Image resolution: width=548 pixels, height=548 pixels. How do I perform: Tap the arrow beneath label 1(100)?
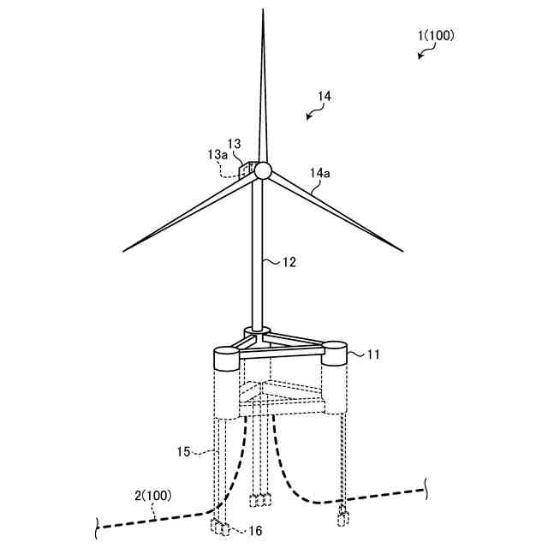pyautogui.click(x=422, y=53)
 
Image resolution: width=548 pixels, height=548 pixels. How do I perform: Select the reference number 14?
pyautogui.click(x=323, y=98)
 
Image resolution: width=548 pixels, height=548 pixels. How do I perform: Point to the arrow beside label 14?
pyautogui.click(x=310, y=116)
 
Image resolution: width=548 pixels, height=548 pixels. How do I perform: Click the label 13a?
pyautogui.click(x=218, y=154)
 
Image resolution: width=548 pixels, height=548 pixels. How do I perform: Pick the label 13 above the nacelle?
pyautogui.click(x=235, y=143)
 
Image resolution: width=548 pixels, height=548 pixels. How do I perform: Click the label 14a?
pyautogui.click(x=319, y=173)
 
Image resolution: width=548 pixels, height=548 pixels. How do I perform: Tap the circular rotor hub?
pyautogui.click(x=262, y=170)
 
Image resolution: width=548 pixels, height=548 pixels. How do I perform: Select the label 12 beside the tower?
pyautogui.click(x=289, y=262)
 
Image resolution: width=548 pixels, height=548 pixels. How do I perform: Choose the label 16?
pyautogui.click(x=254, y=531)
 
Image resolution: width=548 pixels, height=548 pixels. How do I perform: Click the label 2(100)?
pyautogui.click(x=152, y=496)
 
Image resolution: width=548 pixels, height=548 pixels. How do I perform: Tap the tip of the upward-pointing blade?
pyautogui.click(x=263, y=11)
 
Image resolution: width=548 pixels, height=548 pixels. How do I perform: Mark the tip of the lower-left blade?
pyautogui.click(x=124, y=251)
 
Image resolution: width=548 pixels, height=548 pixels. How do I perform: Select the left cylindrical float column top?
pyautogui.click(x=227, y=353)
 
